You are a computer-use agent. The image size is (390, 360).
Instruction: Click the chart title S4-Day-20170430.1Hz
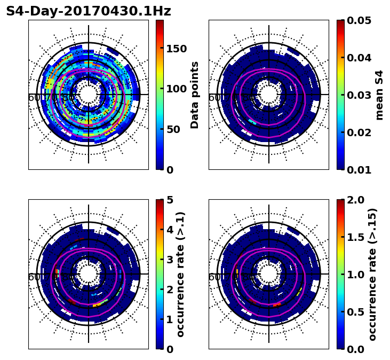tap(89, 11)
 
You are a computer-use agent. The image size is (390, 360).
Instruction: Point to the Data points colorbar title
tap(195, 95)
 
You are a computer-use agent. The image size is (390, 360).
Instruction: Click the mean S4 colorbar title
tap(379, 95)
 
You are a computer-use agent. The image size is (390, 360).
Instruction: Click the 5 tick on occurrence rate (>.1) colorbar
tap(170, 200)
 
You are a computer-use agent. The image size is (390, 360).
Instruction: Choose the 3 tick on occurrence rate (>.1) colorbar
tap(170, 260)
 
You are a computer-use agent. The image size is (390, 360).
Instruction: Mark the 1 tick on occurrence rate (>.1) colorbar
tap(170, 319)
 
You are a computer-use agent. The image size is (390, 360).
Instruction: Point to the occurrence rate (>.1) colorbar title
tap(180, 274)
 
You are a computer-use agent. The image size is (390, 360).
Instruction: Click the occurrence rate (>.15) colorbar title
tap(372, 274)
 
